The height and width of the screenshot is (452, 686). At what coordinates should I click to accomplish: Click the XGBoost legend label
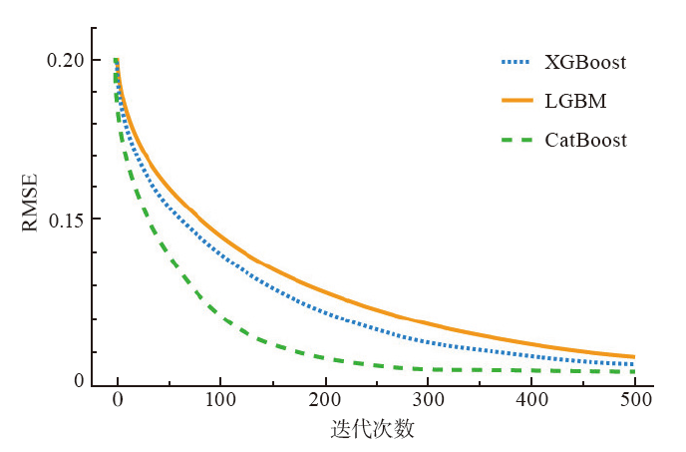pyautogui.click(x=585, y=62)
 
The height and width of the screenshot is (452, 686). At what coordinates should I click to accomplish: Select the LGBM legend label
pyautogui.click(x=575, y=101)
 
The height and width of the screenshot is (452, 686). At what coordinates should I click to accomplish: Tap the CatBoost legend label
pyautogui.click(x=586, y=140)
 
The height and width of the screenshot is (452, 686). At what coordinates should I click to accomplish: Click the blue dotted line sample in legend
pyautogui.click(x=517, y=62)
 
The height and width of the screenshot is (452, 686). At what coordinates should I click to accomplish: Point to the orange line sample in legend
pyautogui.click(x=517, y=101)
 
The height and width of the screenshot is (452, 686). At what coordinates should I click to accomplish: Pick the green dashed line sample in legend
pyautogui.click(x=517, y=140)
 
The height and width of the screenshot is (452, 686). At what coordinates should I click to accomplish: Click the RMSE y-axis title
pyautogui.click(x=31, y=204)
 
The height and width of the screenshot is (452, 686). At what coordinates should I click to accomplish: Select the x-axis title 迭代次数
pyautogui.click(x=372, y=430)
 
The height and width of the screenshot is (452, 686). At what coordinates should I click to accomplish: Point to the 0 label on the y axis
pyautogui.click(x=78, y=380)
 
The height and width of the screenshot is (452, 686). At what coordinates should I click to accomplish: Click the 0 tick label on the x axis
pyautogui.click(x=118, y=400)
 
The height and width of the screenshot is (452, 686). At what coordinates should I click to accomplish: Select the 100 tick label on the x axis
pyautogui.click(x=220, y=400)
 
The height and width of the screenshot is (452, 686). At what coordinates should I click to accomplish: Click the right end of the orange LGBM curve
pyautogui.click(x=634, y=357)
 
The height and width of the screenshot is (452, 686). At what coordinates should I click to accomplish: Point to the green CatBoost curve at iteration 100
pyautogui.click(x=220, y=316)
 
